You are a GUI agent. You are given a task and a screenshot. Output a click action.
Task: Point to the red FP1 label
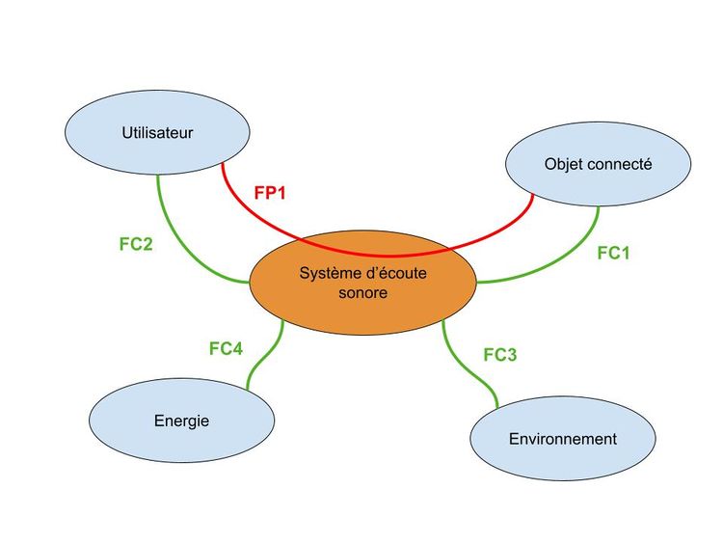[x=271, y=192]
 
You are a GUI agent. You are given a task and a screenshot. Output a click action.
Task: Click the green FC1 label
[x=613, y=253]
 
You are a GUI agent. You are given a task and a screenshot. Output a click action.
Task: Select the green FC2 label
[x=136, y=244]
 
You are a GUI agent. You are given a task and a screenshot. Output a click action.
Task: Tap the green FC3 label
[x=499, y=355]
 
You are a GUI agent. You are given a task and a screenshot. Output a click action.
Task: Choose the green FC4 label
[x=226, y=348]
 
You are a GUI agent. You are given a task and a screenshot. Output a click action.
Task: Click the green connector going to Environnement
[x=464, y=371]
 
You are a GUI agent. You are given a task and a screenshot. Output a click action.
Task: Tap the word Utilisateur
[x=158, y=132]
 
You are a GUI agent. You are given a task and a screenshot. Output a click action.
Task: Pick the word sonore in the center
[x=362, y=292]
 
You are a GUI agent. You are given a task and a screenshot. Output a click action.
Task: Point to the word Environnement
[x=562, y=439]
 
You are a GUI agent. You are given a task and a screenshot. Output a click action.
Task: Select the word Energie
[x=181, y=421]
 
